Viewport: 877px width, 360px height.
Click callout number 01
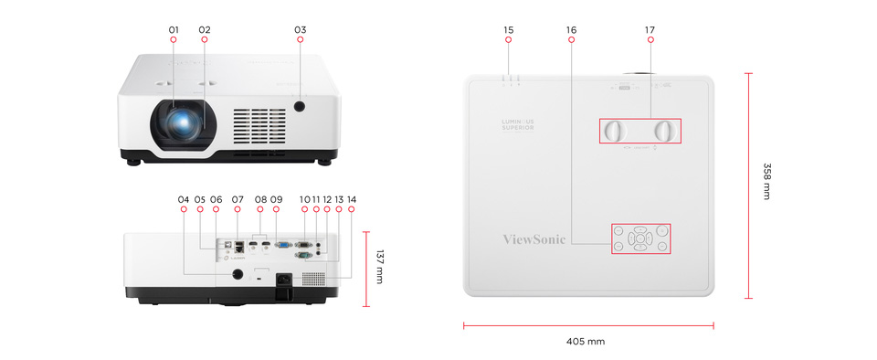click(174, 30)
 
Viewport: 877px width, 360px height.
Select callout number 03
click(300, 30)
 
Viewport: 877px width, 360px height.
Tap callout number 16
click(571, 30)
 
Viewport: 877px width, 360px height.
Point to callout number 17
click(650, 30)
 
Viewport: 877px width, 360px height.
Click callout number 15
click(508, 30)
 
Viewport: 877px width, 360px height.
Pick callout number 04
click(184, 199)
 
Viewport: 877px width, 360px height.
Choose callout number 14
click(351, 199)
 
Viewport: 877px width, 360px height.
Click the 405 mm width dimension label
click(585, 342)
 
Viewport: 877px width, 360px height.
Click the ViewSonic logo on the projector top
click(534, 239)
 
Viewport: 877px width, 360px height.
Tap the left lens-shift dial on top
click(613, 131)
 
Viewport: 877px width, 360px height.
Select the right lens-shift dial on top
click(667, 131)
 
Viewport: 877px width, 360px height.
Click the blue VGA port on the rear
click(284, 244)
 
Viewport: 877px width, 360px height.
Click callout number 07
click(238, 199)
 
